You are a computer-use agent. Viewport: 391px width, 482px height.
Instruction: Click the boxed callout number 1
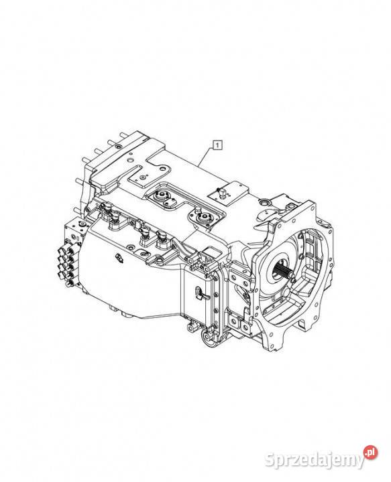pyautogui.click(x=217, y=144)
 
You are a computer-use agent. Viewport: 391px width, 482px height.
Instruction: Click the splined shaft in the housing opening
pyautogui.click(x=282, y=271)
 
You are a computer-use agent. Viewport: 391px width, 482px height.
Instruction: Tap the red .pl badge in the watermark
pyautogui.click(x=370, y=453)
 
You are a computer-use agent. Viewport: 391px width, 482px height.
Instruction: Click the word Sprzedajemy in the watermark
pyautogui.click(x=314, y=460)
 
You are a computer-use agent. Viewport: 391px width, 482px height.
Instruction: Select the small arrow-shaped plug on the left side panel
pyautogui.click(x=119, y=258)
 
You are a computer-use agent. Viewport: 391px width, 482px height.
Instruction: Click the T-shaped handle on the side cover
pyautogui.click(x=200, y=293)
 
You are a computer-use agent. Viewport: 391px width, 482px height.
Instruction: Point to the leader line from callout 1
pyautogui.click(x=206, y=157)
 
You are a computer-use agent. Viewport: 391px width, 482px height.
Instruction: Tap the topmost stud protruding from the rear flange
pyautogui.click(x=124, y=135)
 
